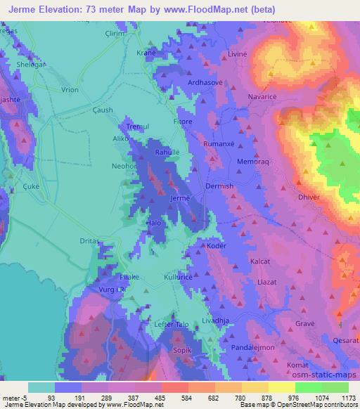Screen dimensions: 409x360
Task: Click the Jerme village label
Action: (x=180, y=199)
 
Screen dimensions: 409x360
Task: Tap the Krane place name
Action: (x=146, y=53)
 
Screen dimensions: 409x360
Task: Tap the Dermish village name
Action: (x=219, y=186)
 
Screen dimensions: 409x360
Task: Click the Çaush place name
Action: (x=103, y=109)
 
